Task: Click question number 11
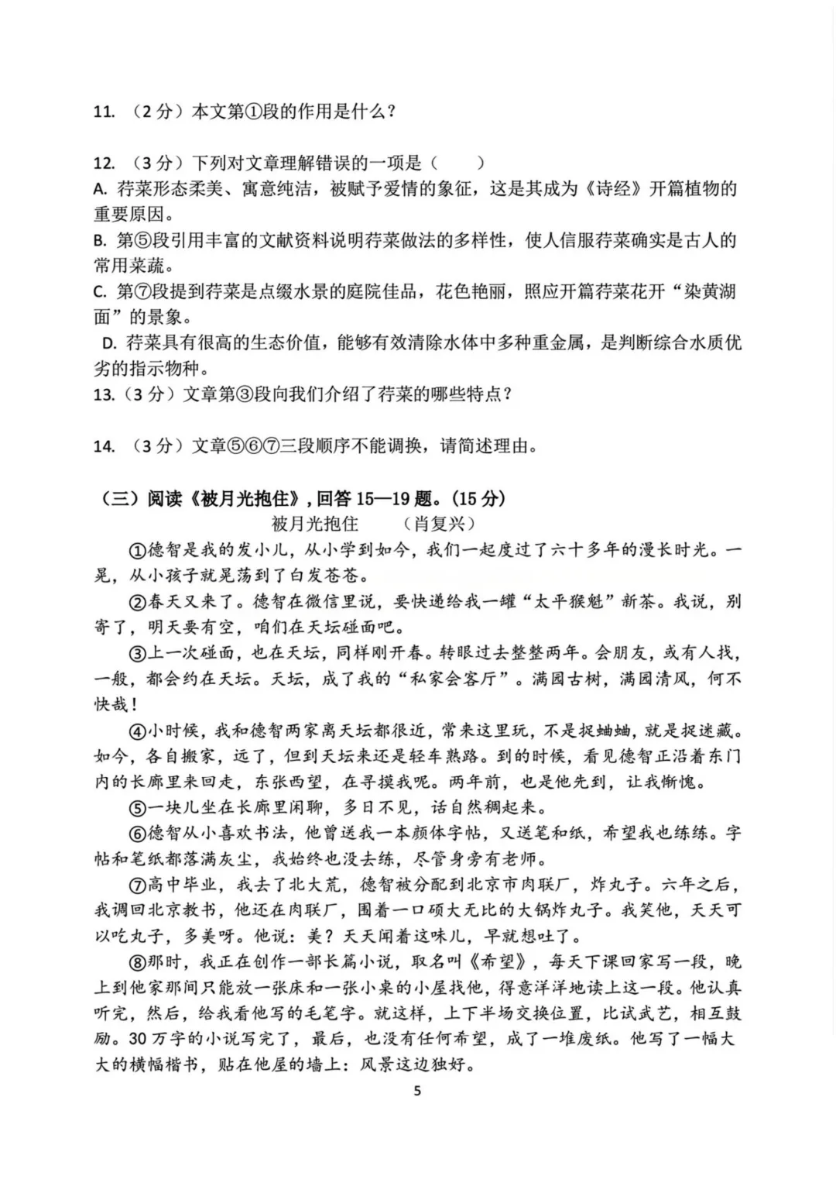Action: [x=104, y=112]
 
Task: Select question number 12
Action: [x=104, y=163]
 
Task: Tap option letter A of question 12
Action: [x=99, y=189]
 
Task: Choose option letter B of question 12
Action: [x=99, y=241]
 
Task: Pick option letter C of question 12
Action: [x=99, y=293]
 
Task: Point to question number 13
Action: [x=104, y=394]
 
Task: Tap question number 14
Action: [x=104, y=446]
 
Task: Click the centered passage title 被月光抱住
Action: [x=315, y=524]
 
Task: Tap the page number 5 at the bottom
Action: [x=418, y=1091]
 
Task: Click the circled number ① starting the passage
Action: [x=137, y=550]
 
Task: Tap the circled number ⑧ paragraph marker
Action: [x=137, y=962]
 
